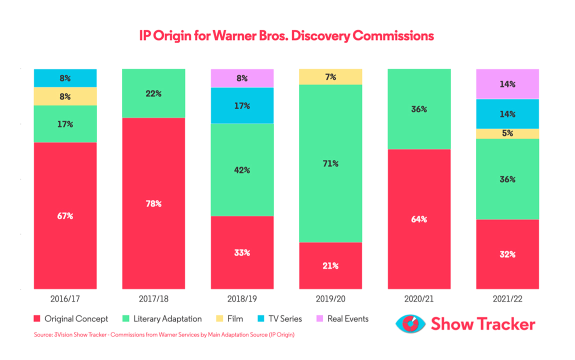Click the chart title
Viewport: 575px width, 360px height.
click(x=286, y=36)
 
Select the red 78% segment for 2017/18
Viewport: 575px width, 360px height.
click(x=153, y=203)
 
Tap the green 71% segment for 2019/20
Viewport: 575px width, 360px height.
click(x=330, y=163)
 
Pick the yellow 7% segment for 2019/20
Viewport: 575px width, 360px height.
click(x=330, y=77)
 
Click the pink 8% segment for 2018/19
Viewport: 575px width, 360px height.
click(x=242, y=78)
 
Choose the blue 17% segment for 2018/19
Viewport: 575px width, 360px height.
click(x=242, y=105)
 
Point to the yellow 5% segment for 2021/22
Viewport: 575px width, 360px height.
click(x=507, y=133)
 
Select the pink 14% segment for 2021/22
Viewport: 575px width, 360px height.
click(x=507, y=84)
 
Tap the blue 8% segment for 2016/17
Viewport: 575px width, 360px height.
click(x=65, y=78)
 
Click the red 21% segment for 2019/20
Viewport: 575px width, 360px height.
click(x=330, y=265)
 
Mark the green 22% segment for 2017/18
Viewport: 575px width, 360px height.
click(x=153, y=93)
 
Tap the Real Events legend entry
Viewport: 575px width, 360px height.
click(x=342, y=318)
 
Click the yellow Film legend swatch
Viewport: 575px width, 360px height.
click(x=219, y=318)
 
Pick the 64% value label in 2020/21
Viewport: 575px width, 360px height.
click(x=419, y=219)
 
